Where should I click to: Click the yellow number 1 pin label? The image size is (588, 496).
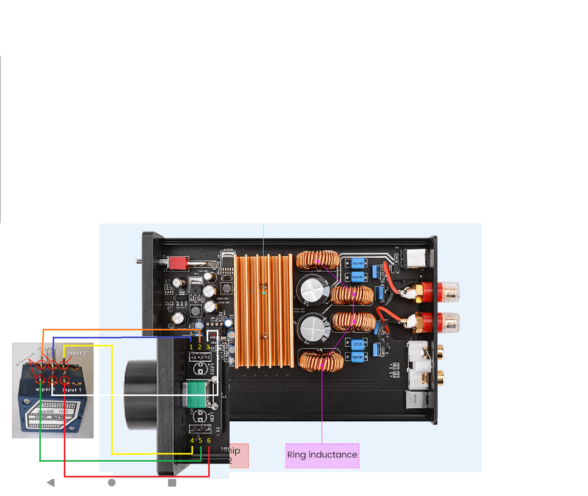click(191, 347)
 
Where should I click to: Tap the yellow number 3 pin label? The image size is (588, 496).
click(208, 347)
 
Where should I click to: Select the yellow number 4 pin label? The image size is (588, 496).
click(192, 441)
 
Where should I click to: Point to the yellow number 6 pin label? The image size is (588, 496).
click(209, 441)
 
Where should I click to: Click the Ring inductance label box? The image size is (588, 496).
click(322, 455)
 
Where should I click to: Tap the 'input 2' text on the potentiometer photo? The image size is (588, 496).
click(77, 353)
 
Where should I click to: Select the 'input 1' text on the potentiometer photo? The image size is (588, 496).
click(72, 390)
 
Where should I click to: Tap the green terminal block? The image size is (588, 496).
click(196, 394)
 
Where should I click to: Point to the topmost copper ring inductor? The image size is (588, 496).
click(318, 260)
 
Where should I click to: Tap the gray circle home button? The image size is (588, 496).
click(112, 483)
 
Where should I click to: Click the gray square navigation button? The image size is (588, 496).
click(172, 483)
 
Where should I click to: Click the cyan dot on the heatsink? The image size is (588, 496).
click(264, 293)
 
